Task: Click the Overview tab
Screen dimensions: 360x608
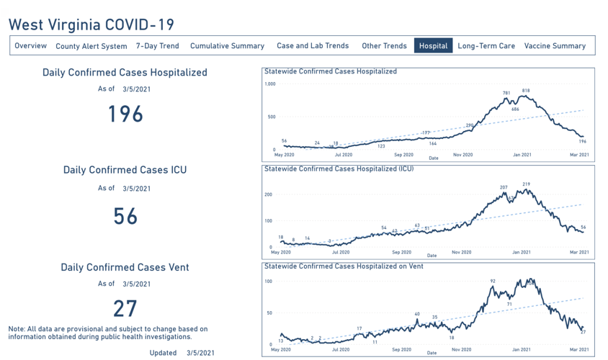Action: point(30,46)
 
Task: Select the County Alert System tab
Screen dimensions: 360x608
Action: point(91,46)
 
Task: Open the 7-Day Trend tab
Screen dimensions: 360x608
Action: point(157,46)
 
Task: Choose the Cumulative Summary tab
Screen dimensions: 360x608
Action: point(227,46)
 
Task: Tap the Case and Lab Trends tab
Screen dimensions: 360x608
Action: point(313,46)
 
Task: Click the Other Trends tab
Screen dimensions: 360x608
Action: point(384,46)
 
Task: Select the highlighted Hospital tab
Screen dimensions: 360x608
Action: point(433,46)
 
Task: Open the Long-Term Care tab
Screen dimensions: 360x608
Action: point(486,46)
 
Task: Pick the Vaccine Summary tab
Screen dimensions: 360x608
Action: point(555,46)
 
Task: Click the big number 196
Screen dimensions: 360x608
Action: point(125,114)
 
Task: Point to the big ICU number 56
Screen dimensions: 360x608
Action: point(125,216)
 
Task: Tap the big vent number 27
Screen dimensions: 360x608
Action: point(125,308)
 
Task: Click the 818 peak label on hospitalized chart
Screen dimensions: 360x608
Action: point(526,91)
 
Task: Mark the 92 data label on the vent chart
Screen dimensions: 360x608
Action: point(493,282)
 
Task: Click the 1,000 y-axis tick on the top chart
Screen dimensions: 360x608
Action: point(270,84)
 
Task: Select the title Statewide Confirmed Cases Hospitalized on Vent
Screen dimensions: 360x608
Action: point(335,266)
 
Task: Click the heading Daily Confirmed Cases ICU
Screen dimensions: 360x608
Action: point(125,170)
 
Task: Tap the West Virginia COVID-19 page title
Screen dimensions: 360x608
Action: point(91,24)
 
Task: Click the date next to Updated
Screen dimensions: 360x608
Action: point(200,353)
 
